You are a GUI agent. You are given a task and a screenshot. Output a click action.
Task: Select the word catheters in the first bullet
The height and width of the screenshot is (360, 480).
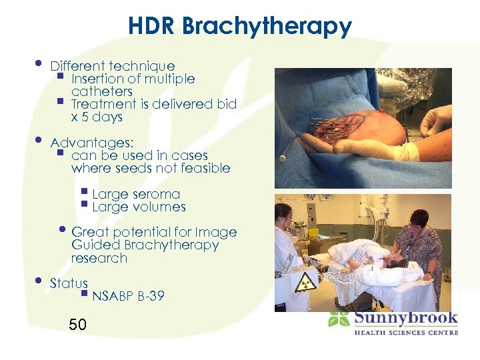coord(102,91)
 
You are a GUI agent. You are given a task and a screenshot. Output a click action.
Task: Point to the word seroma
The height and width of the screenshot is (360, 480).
coord(156,195)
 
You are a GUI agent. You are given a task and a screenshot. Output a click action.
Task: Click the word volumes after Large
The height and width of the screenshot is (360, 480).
coord(158,207)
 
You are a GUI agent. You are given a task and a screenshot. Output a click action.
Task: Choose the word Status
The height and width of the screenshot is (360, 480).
coord(69,283)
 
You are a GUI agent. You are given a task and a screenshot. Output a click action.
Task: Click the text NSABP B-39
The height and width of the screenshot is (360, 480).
coord(129,296)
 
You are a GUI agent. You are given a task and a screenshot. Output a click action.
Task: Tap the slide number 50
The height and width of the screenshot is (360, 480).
coord(77,325)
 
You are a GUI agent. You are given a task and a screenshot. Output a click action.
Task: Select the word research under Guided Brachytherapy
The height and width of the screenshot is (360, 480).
coord(99,258)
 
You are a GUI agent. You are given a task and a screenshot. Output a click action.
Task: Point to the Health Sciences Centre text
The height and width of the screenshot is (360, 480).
coord(405,332)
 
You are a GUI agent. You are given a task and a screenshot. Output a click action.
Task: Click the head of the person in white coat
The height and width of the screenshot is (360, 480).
coord(284,213)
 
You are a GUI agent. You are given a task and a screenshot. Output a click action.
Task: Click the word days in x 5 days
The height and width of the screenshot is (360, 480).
coord(108,117)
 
